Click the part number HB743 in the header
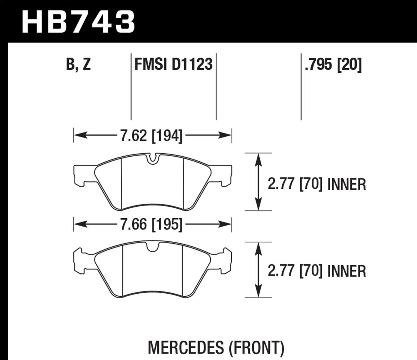point(78,22)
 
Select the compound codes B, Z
point(78,65)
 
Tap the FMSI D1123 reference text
point(173,65)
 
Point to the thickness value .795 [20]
point(333,65)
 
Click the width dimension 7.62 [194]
point(151,136)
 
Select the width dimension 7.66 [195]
point(151,224)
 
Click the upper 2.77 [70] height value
point(295,184)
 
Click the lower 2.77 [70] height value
point(295,271)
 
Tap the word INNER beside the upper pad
point(347,185)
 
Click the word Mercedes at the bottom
point(185,347)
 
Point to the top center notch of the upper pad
point(152,159)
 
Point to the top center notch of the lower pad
point(153,247)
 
